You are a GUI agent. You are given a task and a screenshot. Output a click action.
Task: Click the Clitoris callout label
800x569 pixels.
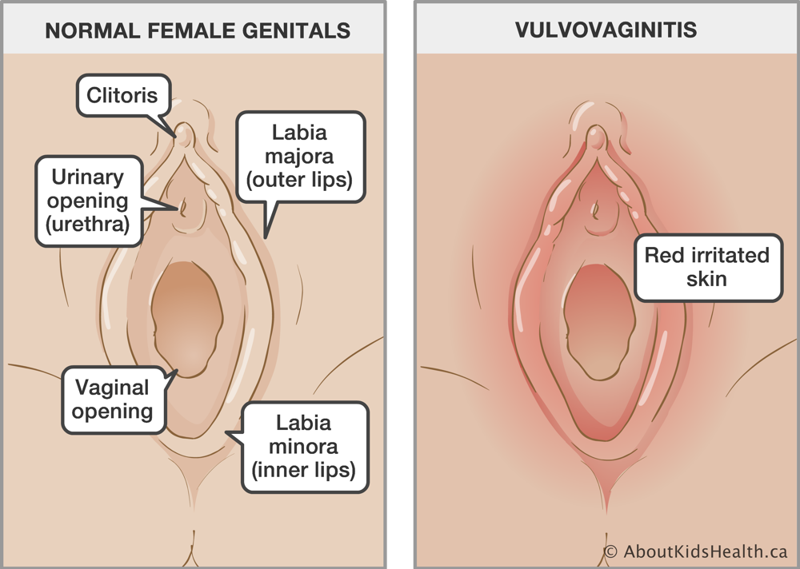[122, 95]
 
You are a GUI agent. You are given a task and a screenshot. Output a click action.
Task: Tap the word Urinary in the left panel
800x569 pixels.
[88, 177]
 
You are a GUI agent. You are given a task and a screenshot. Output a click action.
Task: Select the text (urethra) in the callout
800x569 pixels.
[88, 224]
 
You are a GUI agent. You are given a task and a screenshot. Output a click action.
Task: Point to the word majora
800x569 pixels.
[299, 156]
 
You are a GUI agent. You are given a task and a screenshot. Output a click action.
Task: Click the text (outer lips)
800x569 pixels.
[299, 179]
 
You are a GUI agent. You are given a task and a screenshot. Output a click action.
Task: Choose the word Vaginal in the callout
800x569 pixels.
[112, 388]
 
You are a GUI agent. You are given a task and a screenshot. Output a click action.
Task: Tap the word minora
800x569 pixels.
[303, 446]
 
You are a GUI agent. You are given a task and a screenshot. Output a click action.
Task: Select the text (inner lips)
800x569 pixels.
[303, 470]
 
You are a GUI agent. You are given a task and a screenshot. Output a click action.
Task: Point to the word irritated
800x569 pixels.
[728, 255]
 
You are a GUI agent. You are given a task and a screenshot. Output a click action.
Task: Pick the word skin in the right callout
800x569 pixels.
[706, 279]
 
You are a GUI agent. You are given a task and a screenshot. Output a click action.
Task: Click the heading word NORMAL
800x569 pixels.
[92, 30]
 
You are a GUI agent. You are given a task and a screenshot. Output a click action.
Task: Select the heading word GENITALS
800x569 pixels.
[297, 30]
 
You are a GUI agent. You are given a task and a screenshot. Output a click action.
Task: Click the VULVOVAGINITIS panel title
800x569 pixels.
[606, 30]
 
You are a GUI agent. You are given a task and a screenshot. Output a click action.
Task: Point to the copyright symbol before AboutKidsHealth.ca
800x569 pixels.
[610, 551]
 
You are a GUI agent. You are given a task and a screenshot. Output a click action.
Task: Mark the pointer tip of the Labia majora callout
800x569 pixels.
[266, 238]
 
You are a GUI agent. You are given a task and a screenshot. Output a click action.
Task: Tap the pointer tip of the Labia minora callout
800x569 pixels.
[226, 433]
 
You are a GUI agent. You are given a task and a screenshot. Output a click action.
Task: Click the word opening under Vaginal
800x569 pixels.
[112, 411]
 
